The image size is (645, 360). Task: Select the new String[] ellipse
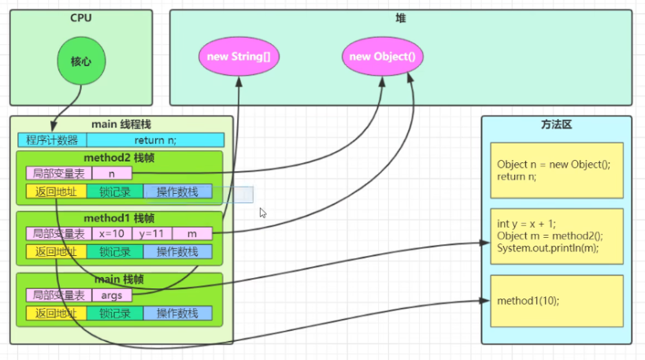(239, 57)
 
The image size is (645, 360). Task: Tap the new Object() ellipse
(382, 57)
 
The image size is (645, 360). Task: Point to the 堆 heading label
(400, 17)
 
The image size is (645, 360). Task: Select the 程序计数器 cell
(52, 140)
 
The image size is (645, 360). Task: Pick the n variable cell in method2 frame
(113, 173)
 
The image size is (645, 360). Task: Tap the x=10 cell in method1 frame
(113, 233)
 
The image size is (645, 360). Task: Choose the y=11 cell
(152, 233)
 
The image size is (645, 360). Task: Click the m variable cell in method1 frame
(192, 233)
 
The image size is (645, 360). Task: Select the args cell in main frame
(113, 295)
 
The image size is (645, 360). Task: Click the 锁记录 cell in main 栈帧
(116, 313)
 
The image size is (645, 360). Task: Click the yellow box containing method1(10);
(557, 301)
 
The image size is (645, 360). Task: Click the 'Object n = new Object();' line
(554, 165)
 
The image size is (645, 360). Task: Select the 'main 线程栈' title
(121, 124)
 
